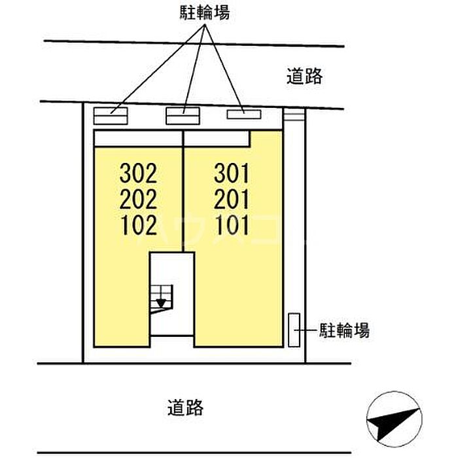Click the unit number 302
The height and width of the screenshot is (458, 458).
click(138, 173)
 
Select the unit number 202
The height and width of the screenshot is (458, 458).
click(138, 199)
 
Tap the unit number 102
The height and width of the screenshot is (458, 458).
click(139, 225)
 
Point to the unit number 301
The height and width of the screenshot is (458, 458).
click(232, 173)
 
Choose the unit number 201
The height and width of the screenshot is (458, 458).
click(232, 199)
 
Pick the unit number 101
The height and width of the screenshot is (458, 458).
click(232, 225)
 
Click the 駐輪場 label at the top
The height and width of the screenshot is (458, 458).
click(204, 12)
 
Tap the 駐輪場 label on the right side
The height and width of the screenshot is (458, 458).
click(344, 330)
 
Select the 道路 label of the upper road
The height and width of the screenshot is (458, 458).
click(304, 76)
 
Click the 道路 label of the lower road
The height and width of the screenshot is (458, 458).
click(185, 408)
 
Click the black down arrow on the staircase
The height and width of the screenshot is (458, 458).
click(161, 303)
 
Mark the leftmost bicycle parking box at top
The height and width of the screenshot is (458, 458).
click(111, 116)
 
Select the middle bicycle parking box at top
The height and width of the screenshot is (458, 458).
click(183, 116)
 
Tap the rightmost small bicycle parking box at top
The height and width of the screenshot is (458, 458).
click(244, 114)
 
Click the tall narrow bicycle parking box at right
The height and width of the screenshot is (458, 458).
click(294, 330)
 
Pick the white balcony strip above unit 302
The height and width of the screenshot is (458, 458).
click(138, 139)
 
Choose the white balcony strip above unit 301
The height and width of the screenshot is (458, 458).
click(217, 139)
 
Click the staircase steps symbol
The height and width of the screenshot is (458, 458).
click(161, 298)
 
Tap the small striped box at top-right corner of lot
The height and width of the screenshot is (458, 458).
click(294, 114)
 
